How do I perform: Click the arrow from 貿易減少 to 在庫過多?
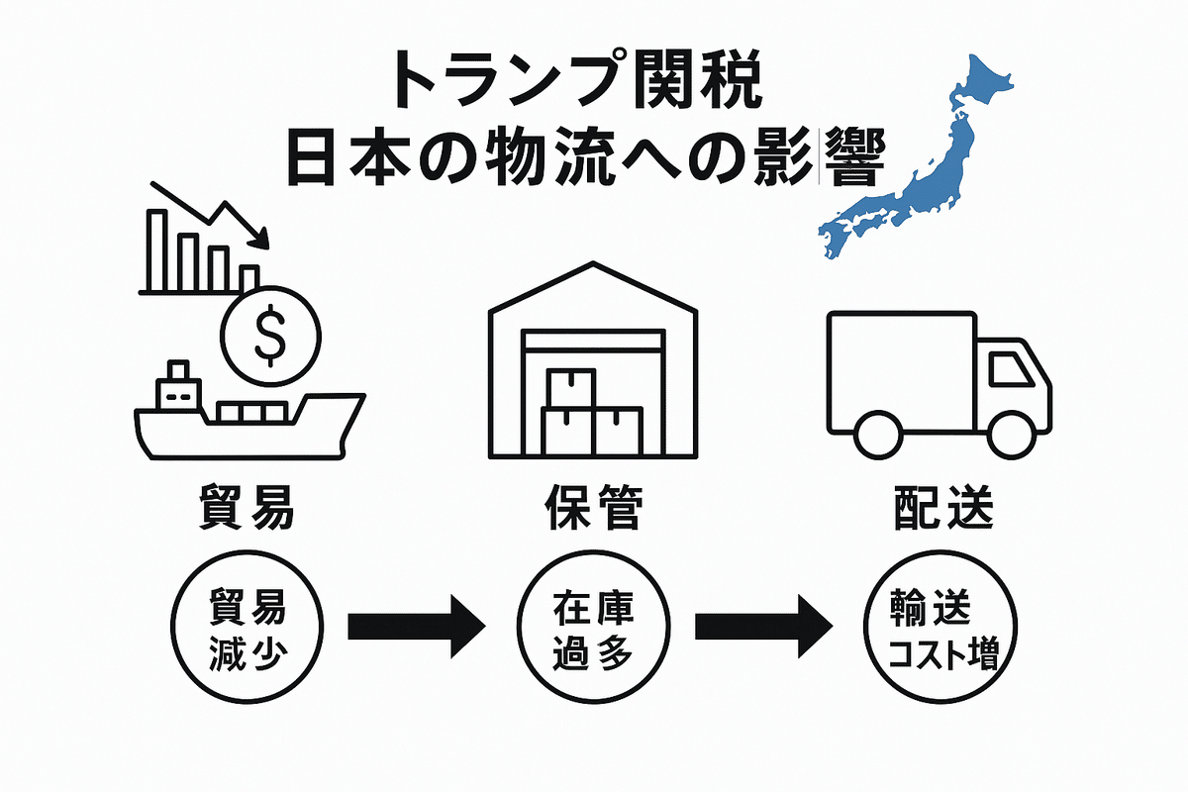point(416,626)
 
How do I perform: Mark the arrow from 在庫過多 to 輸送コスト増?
point(762,626)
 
